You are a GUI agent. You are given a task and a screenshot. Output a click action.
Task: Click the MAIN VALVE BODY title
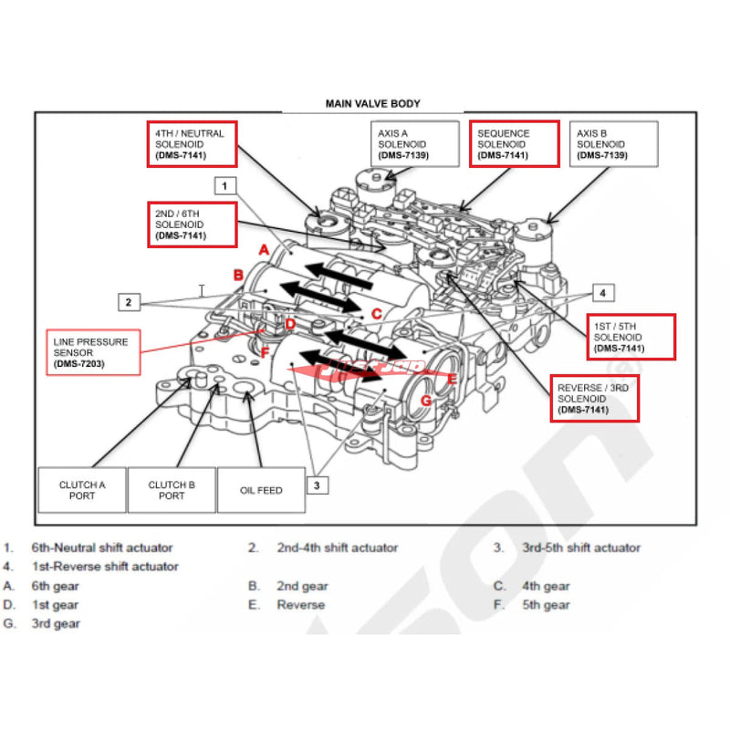pos(372,104)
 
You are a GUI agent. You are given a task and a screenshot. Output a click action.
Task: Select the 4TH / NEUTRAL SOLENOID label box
pos(192,144)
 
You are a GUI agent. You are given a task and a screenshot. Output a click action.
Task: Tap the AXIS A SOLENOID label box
pos(414,144)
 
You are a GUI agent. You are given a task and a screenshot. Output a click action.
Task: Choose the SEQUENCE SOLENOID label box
pos(514,144)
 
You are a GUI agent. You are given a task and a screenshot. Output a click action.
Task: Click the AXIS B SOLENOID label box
pos(612,144)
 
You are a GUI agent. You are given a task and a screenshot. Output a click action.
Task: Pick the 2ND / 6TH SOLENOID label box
pos(192,224)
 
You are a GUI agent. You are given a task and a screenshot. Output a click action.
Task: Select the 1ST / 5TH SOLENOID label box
pos(630,336)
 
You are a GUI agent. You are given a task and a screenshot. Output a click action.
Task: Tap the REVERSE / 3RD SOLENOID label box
pos(595,399)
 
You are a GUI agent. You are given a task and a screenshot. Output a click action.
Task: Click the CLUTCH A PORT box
pos(82,490)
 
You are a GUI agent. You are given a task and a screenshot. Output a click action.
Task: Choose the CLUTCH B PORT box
pos(172,490)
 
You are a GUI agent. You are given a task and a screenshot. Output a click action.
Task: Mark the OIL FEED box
pos(261,490)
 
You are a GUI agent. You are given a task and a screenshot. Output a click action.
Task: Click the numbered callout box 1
pos(225,185)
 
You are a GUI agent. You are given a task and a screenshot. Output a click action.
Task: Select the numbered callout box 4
pos(601,293)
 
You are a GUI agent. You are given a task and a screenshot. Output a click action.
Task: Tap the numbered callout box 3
pos(317,485)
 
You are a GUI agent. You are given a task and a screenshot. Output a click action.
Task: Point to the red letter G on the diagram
pos(425,401)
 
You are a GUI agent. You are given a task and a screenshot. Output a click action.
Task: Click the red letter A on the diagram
pos(263,249)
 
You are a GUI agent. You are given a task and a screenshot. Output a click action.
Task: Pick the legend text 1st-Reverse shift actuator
pos(105,567)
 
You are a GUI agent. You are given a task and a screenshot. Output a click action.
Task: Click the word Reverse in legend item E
pos(301,605)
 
